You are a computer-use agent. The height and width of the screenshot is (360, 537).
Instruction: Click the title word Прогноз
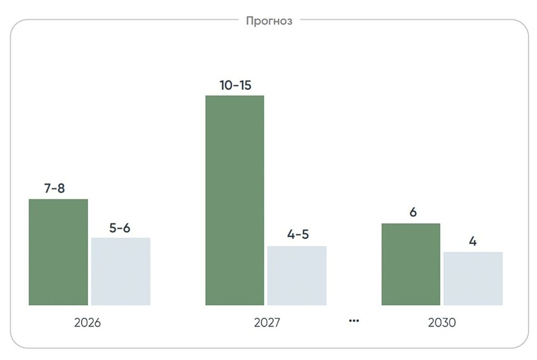tap(269, 21)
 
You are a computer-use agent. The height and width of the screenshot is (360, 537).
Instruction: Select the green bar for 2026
tap(58, 252)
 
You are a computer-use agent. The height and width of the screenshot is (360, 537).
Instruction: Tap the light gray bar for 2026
tap(121, 271)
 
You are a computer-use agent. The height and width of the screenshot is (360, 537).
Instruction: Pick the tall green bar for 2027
tap(235, 201)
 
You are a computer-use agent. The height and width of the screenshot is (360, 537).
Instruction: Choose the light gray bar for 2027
tap(297, 276)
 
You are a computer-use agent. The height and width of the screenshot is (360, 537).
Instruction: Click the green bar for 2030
tap(411, 265)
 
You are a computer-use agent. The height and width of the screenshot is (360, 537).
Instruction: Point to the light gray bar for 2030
tap(473, 278)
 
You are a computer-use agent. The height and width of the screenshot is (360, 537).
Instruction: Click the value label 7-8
tap(54, 189)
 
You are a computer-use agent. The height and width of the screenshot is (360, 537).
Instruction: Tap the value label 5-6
tap(120, 227)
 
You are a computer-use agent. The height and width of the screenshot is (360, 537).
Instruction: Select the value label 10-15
tap(235, 85)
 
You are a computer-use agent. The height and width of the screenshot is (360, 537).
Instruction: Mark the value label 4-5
tap(298, 235)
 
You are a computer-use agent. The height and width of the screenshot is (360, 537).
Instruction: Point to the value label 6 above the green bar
tap(413, 212)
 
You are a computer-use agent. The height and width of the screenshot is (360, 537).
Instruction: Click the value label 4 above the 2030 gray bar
tap(473, 241)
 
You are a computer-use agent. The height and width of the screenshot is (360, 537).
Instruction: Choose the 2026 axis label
tap(88, 323)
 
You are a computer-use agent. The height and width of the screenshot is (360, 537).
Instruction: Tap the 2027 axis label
tap(267, 323)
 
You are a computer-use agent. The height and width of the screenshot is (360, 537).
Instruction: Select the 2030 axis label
tap(442, 323)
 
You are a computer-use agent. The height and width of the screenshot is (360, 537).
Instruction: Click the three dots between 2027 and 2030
tap(353, 321)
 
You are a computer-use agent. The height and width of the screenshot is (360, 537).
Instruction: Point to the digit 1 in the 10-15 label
tap(222, 85)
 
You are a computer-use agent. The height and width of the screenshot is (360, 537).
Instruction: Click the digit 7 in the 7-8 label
tap(47, 189)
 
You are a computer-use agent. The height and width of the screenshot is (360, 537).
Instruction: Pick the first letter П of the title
tap(250, 21)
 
